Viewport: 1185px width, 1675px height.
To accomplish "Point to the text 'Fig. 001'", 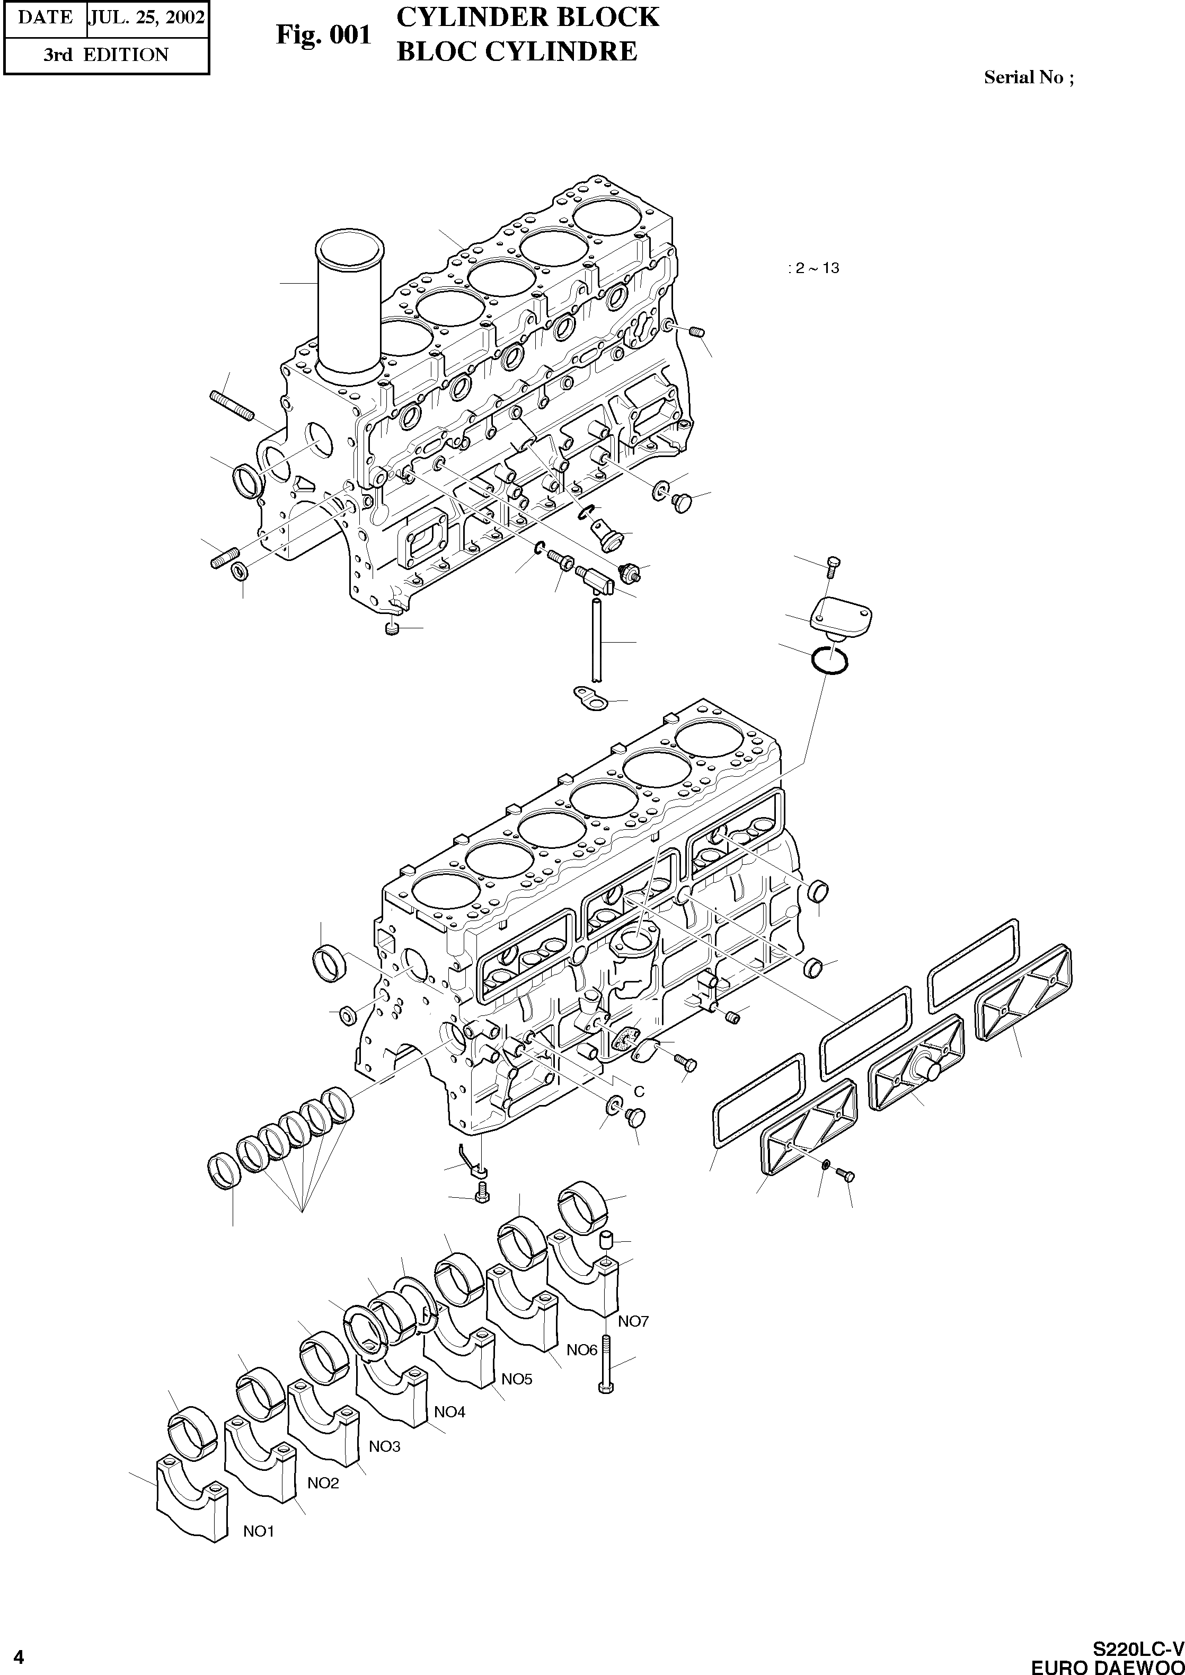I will (323, 34).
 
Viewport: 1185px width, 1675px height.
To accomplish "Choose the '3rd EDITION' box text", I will (106, 55).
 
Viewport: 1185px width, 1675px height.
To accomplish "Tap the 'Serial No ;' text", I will (1028, 77).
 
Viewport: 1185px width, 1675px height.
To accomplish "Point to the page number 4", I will (18, 1658).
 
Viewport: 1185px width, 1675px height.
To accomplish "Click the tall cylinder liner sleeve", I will (349, 306).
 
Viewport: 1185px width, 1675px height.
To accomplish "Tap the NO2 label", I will (323, 1483).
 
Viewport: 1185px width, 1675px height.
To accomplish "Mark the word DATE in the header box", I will (45, 17).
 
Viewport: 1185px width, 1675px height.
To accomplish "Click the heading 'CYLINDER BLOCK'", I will (527, 17).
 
